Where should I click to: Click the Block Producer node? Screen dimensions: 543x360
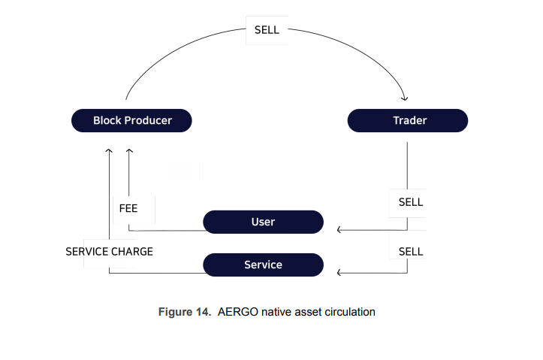pos(131,120)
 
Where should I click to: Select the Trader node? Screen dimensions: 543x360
pos(408,120)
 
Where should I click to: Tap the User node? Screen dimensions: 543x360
pos(263,222)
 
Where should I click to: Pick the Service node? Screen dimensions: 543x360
pos(263,265)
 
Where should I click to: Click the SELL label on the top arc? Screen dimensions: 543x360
pos(267,30)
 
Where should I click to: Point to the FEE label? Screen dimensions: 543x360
pos(128,208)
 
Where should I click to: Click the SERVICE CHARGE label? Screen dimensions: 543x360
pos(109,252)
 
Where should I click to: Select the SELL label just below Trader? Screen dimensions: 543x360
pos(411,202)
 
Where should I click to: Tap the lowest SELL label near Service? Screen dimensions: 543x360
pos(411,252)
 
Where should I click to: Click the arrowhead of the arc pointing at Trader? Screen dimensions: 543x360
pos(405,98)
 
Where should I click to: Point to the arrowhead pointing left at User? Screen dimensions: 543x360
pos(339,230)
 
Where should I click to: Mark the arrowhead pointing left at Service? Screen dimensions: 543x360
pos(339,273)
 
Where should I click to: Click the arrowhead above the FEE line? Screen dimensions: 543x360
pos(129,151)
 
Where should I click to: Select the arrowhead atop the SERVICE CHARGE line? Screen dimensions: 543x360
pos(109,151)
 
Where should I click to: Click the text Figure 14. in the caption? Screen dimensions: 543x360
pos(185,312)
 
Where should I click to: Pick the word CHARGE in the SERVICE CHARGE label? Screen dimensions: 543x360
pos(132,252)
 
